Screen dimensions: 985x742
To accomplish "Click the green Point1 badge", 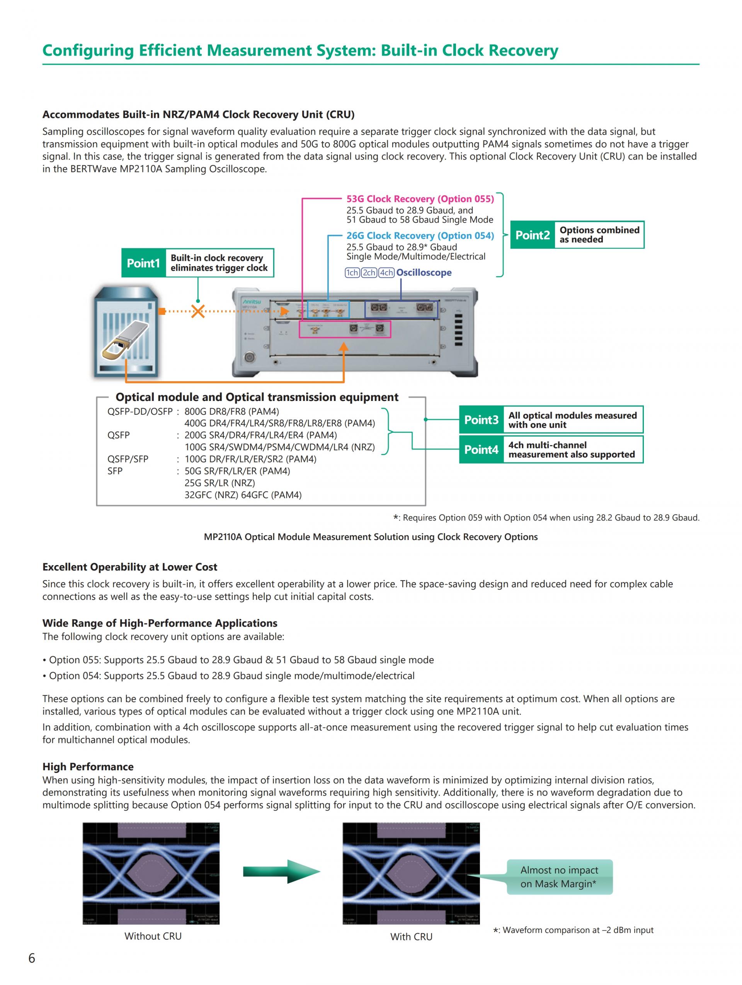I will coord(143,263).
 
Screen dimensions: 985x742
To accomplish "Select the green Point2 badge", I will coord(532,235).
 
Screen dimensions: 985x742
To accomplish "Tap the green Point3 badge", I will coord(481,420).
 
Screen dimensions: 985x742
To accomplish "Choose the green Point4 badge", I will coord(481,450).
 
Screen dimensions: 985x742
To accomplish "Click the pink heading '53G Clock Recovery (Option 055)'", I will coord(420,199).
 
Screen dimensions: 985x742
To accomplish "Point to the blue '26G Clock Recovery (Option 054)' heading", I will coord(420,236).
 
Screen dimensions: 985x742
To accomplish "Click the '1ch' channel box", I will coord(352,273).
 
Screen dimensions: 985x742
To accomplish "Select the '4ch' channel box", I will coord(386,273).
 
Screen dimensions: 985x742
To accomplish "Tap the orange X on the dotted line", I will coord(198,311).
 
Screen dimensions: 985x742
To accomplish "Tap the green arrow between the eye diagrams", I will coord(281,871).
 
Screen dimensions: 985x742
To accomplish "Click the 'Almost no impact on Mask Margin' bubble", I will coord(559,876).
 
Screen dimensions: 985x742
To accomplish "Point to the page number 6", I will coord(32,958).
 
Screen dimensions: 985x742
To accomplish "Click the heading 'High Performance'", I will coord(88,766).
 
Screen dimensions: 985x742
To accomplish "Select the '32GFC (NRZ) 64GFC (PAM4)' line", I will coord(243,495).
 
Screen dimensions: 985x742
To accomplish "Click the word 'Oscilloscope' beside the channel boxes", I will coord(424,273).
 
